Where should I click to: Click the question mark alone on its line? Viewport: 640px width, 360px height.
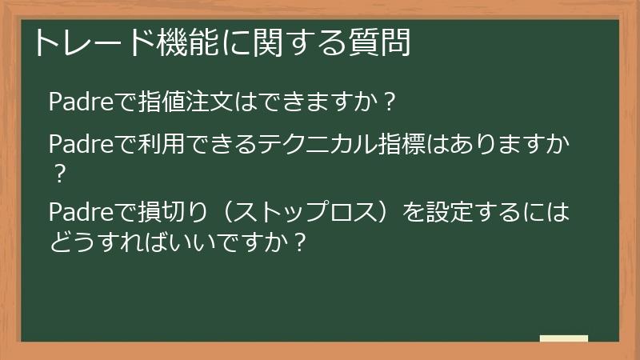[x=57, y=173]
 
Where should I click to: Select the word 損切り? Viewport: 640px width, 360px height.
[x=169, y=214]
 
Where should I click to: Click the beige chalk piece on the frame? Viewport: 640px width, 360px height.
[x=564, y=339]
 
